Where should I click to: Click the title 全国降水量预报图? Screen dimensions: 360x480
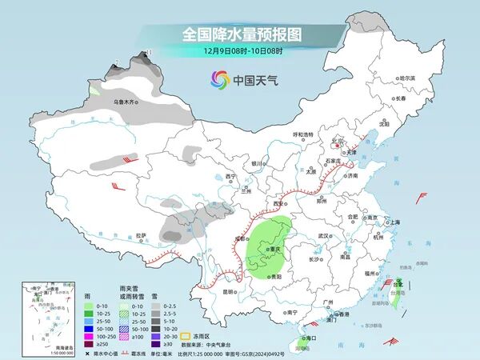241,34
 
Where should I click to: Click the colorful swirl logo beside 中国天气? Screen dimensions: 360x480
219,79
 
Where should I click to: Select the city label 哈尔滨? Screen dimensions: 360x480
407,78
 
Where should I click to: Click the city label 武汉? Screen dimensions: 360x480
323,236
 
